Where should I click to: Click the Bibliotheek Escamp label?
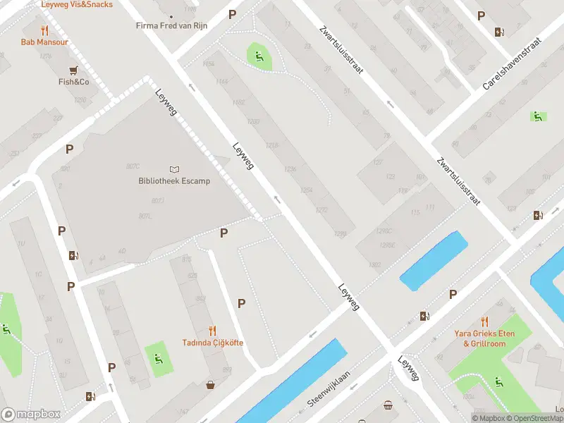[x=174, y=181]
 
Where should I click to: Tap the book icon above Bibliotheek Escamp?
[x=174, y=169]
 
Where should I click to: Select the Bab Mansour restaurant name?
[x=44, y=42]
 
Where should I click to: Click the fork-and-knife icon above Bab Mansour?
[x=44, y=30]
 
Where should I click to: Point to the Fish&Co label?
[x=73, y=82]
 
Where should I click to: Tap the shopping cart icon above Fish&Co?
[x=73, y=70]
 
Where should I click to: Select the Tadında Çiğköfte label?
[x=213, y=343]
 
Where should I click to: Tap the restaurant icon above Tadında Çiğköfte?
[x=213, y=330]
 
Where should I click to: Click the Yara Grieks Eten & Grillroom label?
[x=484, y=338]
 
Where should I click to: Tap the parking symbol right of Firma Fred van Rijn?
[x=233, y=15]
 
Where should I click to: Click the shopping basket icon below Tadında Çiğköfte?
[x=210, y=385]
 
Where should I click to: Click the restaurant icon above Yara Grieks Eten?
[x=484, y=321]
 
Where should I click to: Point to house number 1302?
[x=374, y=265]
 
